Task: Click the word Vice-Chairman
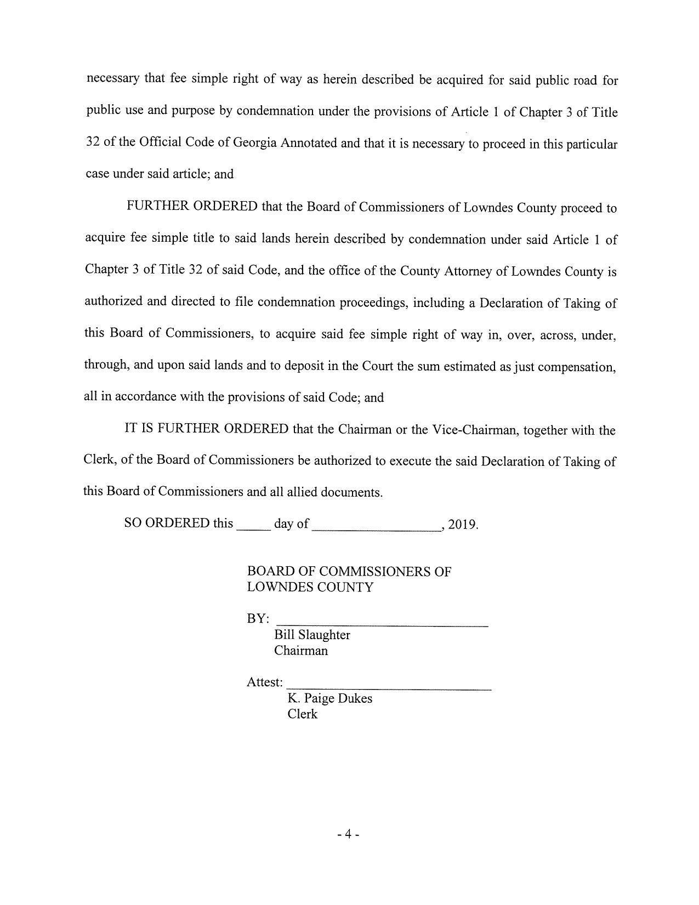475,430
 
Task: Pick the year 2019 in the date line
462,524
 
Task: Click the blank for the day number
253,526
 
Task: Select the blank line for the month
377,526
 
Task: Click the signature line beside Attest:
389,686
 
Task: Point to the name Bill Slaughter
312,635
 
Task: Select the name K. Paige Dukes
329,698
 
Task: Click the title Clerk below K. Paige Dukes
302,714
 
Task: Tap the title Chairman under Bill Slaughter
301,651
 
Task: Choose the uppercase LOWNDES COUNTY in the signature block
310,587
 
